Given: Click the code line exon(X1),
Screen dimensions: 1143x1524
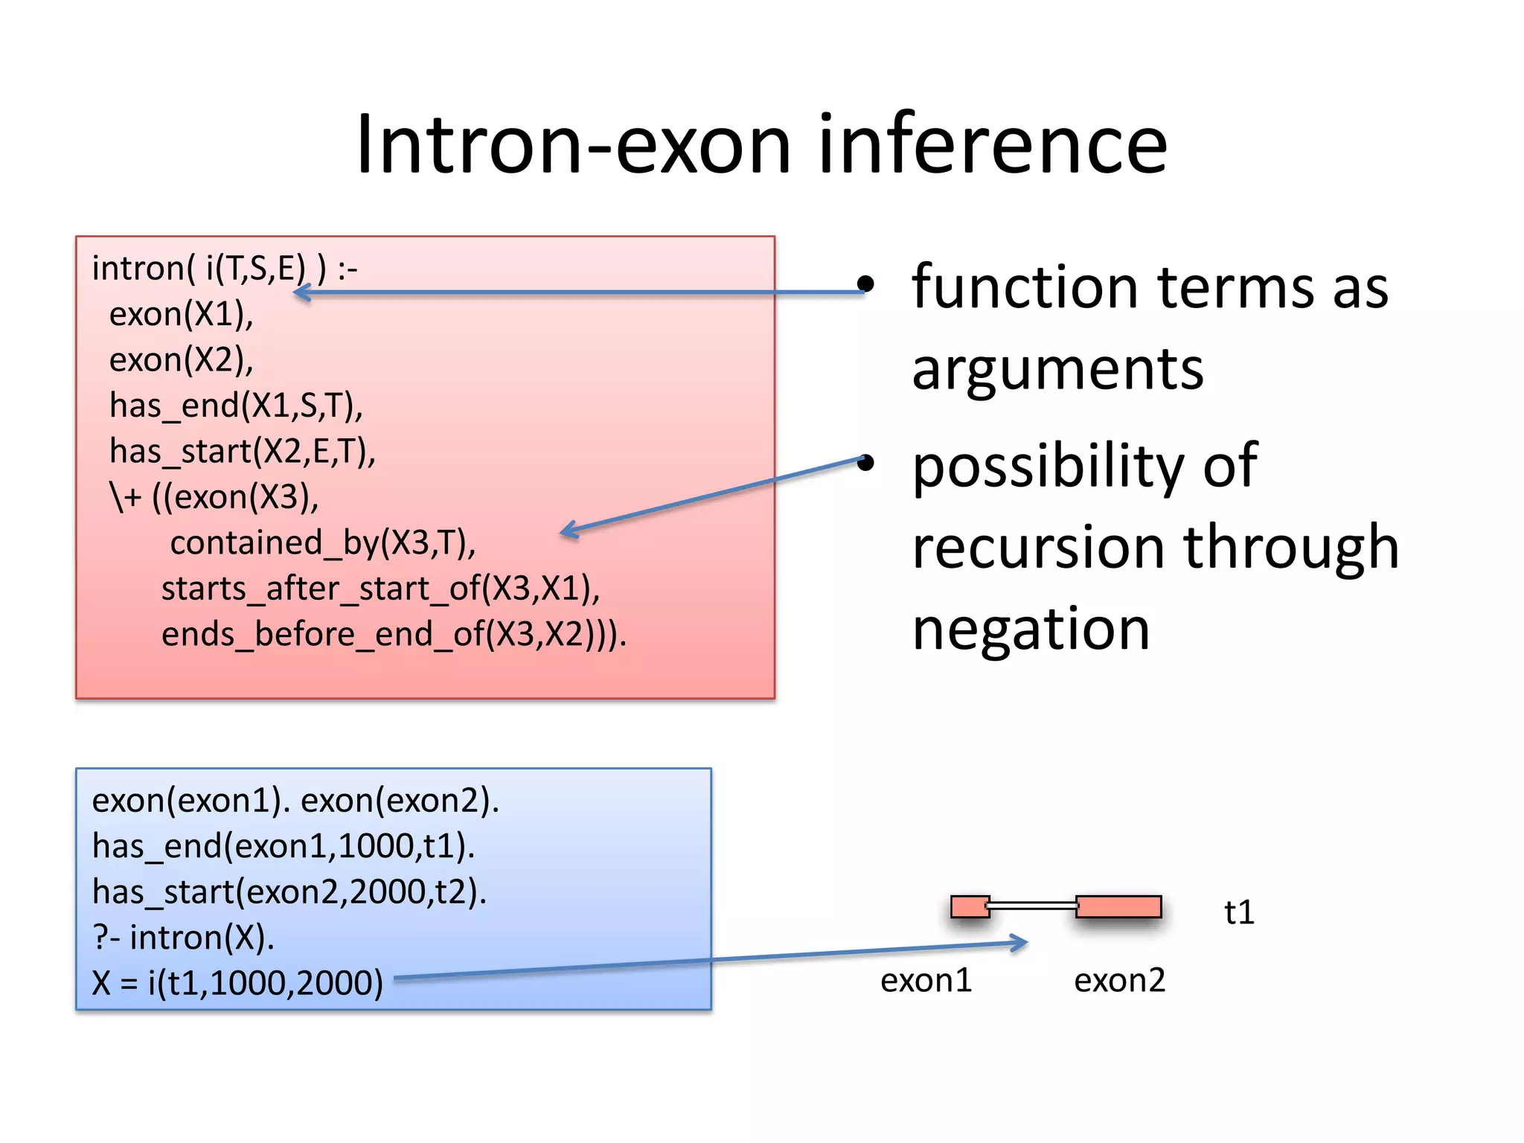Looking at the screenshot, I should [x=181, y=315].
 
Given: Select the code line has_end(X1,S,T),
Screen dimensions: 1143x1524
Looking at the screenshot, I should [x=236, y=406].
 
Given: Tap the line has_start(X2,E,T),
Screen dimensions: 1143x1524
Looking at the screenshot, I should [x=242, y=452].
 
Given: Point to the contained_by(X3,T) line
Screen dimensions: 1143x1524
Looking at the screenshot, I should [x=322, y=543].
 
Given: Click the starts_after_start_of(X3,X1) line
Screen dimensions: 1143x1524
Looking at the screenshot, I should [x=380, y=589].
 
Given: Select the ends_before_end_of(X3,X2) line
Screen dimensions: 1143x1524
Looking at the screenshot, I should [x=394, y=635].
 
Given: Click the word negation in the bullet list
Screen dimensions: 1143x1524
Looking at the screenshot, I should [x=1031, y=629].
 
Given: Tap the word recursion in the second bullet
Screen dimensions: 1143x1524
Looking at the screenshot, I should [x=1040, y=547].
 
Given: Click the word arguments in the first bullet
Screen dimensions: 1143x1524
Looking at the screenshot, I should [x=1057, y=369].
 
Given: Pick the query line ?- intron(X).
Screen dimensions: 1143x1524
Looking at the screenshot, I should [x=183, y=938].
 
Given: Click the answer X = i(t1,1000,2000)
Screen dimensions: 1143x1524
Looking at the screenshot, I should [x=237, y=983].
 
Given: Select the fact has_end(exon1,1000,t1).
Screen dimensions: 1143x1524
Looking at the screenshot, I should [x=283, y=847].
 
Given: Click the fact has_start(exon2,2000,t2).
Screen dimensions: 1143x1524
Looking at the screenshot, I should [x=289, y=892].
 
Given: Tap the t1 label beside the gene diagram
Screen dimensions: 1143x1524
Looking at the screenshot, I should [x=1239, y=912].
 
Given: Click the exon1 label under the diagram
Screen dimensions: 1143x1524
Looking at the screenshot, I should [x=926, y=981].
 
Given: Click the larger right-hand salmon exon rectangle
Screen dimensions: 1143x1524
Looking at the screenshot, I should [x=1118, y=906].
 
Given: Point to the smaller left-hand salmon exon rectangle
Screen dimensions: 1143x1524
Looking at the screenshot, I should [x=969, y=906].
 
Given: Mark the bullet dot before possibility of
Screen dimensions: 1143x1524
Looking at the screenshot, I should [x=865, y=463].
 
